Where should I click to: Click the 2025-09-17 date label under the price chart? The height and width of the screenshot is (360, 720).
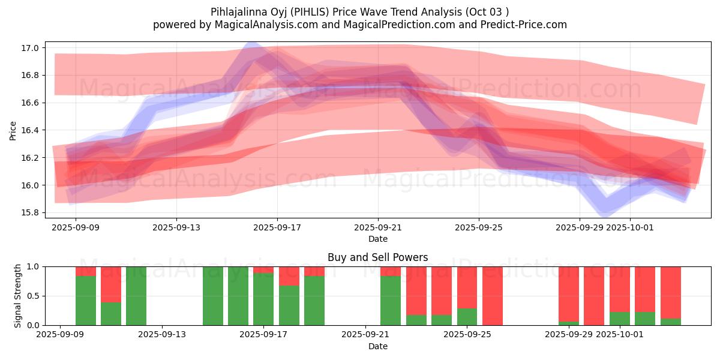[x=277, y=228]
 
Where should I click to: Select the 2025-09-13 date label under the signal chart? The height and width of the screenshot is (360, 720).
[x=162, y=335]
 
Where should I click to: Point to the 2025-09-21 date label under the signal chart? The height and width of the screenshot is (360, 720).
[x=365, y=335]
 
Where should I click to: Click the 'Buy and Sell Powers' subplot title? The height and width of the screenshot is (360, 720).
[x=377, y=257]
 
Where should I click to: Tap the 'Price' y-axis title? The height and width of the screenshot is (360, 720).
[x=13, y=130]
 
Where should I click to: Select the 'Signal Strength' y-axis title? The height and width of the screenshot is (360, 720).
[x=18, y=296]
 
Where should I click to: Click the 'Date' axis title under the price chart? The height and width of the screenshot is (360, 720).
[x=377, y=239]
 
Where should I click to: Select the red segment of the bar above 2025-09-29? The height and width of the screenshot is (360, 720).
[x=569, y=294]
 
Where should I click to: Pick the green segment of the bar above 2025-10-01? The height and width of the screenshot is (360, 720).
[x=620, y=319]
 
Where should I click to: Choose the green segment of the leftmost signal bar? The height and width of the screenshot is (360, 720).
[x=86, y=301]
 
